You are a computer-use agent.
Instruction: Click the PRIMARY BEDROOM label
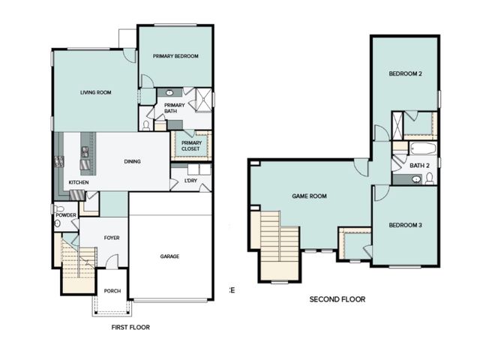175,56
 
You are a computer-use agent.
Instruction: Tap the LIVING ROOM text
96,92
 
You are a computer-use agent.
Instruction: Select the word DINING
132,161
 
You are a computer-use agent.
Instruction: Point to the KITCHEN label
79,182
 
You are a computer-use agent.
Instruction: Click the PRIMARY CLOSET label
191,145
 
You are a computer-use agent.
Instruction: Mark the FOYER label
112,238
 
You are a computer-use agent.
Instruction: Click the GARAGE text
169,256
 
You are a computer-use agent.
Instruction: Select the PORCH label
112,291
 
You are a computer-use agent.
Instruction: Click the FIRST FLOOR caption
130,327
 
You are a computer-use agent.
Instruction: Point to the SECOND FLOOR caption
337,299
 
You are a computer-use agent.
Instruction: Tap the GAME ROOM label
309,196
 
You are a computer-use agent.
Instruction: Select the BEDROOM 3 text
406,225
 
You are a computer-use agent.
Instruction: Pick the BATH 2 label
419,165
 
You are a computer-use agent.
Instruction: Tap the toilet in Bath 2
428,178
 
